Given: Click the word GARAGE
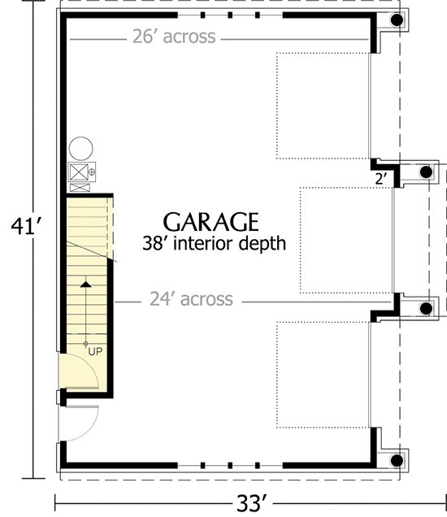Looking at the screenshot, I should [x=211, y=222].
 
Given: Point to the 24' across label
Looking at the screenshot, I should [x=192, y=300].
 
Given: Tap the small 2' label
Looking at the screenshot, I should [x=380, y=177].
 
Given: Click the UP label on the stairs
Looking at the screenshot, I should [x=94, y=351].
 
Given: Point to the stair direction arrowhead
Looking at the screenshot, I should [x=85, y=284].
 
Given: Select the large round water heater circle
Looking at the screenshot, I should [x=81, y=148].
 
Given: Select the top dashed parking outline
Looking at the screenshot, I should [x=323, y=106].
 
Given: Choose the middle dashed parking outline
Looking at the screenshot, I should [x=346, y=240].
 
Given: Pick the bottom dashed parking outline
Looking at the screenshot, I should [x=323, y=374].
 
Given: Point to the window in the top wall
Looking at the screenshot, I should [x=230, y=15].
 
